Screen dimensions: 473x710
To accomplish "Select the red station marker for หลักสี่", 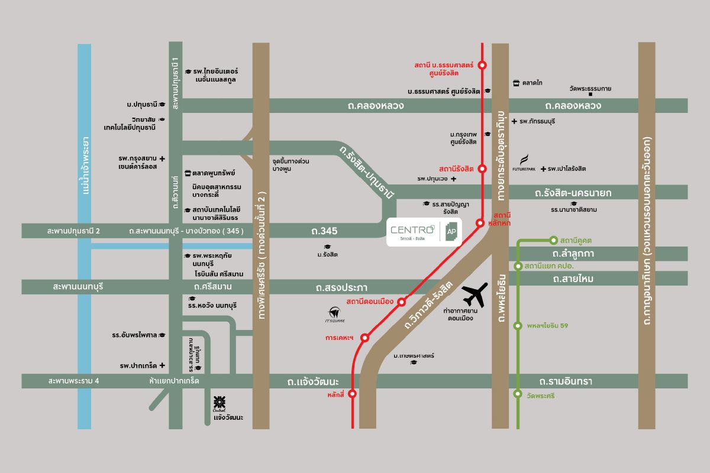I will (x=353, y=393).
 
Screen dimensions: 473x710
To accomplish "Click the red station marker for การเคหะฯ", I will (x=365, y=338).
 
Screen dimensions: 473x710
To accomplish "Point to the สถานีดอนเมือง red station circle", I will (x=402, y=302).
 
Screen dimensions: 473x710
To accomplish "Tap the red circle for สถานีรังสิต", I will (x=482, y=169).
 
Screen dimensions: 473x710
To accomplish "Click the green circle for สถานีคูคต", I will (x=553, y=240).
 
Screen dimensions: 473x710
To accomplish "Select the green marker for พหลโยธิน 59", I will (x=518, y=326).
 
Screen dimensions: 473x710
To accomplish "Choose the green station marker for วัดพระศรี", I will (x=518, y=394).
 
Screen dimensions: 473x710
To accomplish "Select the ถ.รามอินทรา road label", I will (x=570, y=381).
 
